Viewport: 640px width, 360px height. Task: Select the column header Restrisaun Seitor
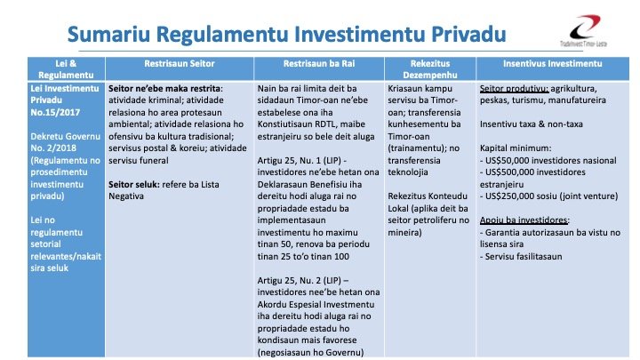tap(179, 66)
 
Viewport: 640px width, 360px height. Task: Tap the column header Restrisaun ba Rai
tap(318, 66)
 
